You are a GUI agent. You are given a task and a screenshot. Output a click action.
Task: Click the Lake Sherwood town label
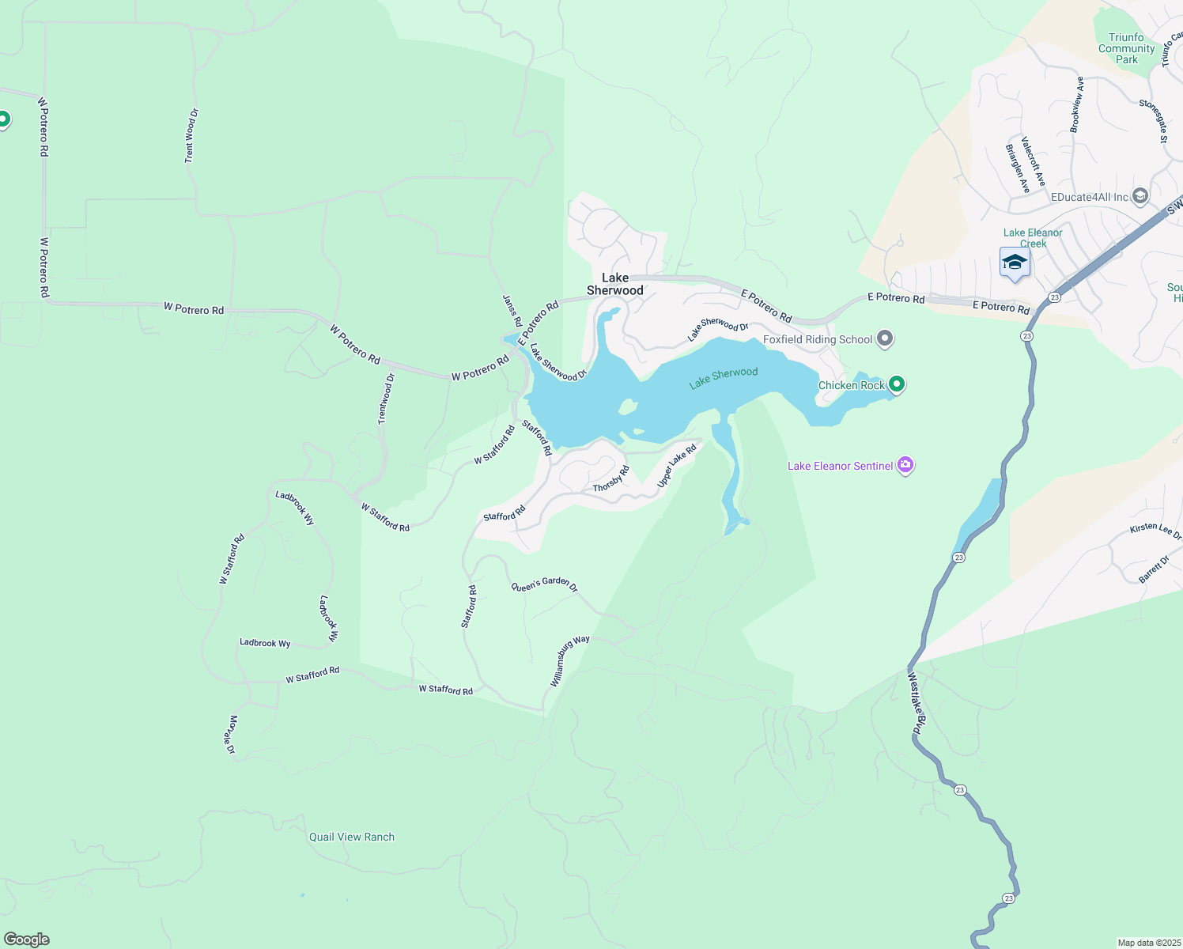coord(615,284)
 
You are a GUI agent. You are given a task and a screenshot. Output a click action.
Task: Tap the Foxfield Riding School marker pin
coord(885,339)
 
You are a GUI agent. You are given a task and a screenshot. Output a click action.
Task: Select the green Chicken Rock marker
coord(896,385)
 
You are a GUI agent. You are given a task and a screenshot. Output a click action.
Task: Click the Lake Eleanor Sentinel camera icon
coord(905,466)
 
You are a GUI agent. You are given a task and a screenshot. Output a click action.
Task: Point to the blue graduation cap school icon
coord(1014,263)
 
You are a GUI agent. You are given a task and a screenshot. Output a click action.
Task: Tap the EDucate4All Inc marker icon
coord(1140,196)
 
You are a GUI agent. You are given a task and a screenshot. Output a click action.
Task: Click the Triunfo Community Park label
coord(1126,48)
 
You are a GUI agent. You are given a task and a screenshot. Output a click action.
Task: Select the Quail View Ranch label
coord(352,837)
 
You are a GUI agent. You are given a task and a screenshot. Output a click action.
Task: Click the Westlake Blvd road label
coord(915,704)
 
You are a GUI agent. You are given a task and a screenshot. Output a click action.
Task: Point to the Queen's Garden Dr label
coord(544,585)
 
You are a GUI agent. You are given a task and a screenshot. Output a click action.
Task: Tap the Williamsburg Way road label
coord(569,660)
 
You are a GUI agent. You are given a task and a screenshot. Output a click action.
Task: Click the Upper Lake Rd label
coord(677,465)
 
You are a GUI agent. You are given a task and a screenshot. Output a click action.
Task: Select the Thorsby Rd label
coord(611,478)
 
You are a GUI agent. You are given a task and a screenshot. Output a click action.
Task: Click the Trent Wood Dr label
coord(191,136)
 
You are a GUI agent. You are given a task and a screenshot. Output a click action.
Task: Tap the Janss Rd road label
coord(512,311)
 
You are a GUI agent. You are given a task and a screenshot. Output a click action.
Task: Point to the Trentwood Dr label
coord(386,399)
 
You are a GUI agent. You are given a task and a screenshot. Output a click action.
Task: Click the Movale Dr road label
coord(231,735)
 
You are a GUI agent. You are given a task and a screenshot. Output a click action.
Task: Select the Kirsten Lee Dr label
coord(1155,531)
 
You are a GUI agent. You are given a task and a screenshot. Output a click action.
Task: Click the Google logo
coord(27,940)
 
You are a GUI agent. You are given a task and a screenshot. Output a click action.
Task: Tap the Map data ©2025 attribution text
coord(1148,943)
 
